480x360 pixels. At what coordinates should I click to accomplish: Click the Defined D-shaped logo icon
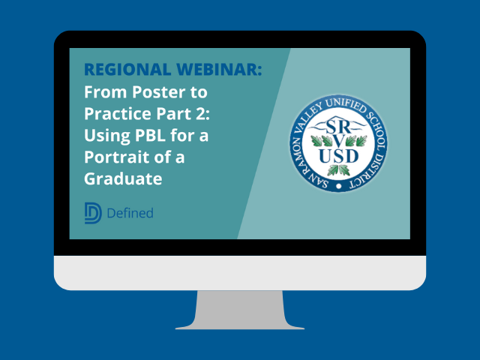93,213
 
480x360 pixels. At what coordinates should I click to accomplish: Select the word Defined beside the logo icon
130,214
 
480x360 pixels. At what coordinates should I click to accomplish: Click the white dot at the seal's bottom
340,185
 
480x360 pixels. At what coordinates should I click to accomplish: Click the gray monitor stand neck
240,307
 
